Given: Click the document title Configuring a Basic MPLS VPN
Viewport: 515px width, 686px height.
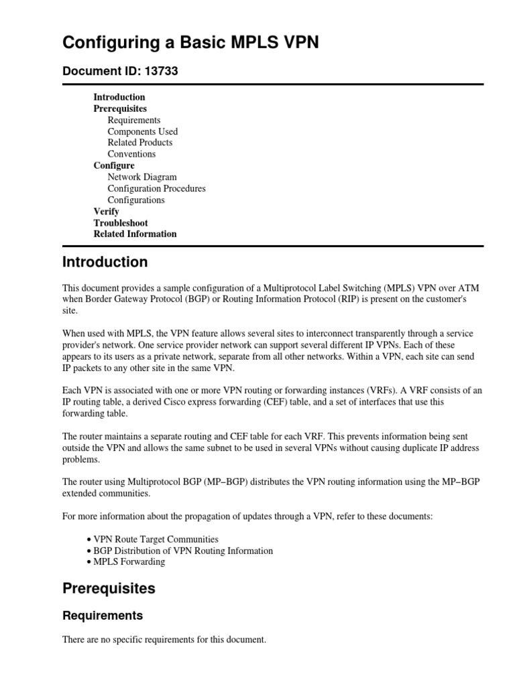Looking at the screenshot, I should (x=190, y=43).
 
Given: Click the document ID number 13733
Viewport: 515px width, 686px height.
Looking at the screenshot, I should (x=161, y=70).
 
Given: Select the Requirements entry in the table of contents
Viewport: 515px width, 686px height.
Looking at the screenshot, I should (x=133, y=120).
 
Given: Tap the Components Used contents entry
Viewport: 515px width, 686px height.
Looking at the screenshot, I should (x=142, y=131).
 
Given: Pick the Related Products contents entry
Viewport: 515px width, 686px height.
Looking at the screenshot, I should (x=139, y=143).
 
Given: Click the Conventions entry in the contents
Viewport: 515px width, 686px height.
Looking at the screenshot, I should (x=131, y=154).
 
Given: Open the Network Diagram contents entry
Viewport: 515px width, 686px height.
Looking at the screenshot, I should (x=141, y=177).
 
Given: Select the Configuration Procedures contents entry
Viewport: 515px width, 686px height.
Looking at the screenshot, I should (x=156, y=188).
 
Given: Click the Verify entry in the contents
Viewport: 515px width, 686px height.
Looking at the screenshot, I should (x=106, y=211).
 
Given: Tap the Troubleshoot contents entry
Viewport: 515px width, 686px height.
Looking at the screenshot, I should (x=120, y=222).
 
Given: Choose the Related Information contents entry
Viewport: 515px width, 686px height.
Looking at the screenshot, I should (x=135, y=234).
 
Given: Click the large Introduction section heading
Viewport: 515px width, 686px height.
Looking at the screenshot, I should (x=105, y=262).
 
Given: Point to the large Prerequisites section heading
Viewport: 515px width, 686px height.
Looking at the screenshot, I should (x=109, y=589).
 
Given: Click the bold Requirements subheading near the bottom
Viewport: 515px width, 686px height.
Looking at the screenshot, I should (x=103, y=615).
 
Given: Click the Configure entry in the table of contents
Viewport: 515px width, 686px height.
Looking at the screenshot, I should (x=113, y=165).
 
